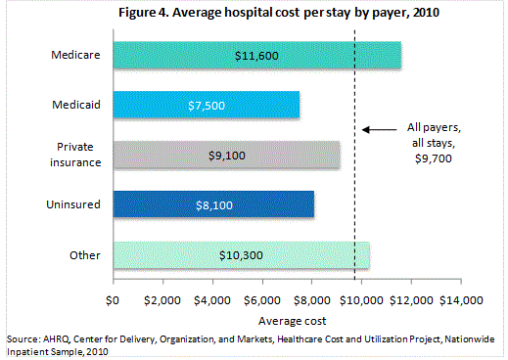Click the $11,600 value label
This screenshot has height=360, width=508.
(257, 55)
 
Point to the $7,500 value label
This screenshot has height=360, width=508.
(207, 105)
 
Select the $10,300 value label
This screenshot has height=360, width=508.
(241, 254)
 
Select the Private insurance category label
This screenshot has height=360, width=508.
(75, 155)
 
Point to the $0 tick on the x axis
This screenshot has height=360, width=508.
(114, 298)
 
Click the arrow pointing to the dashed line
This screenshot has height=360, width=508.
(376, 129)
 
